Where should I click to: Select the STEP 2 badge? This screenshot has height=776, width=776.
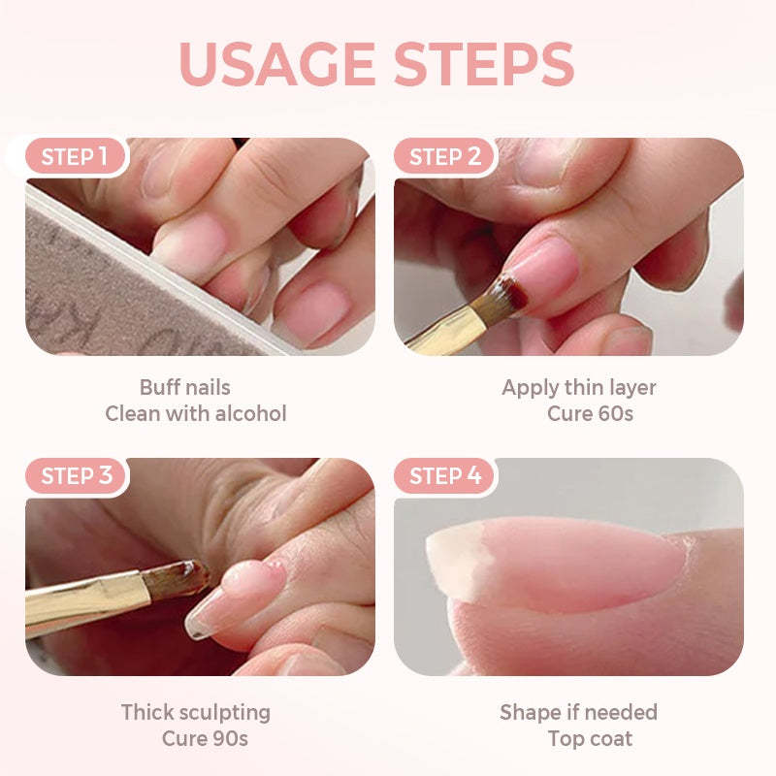point(445,157)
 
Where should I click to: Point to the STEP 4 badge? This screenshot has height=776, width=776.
point(445,476)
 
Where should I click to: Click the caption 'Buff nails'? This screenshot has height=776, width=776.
point(184,387)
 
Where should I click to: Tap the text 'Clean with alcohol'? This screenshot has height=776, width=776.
point(196,413)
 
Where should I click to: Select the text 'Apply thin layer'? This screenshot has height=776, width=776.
point(578,387)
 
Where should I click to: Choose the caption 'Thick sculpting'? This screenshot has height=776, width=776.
point(195,712)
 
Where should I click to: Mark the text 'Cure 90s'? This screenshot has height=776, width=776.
point(205,738)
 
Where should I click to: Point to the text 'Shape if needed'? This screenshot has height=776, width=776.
point(578,712)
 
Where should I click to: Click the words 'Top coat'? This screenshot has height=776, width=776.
point(589,738)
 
